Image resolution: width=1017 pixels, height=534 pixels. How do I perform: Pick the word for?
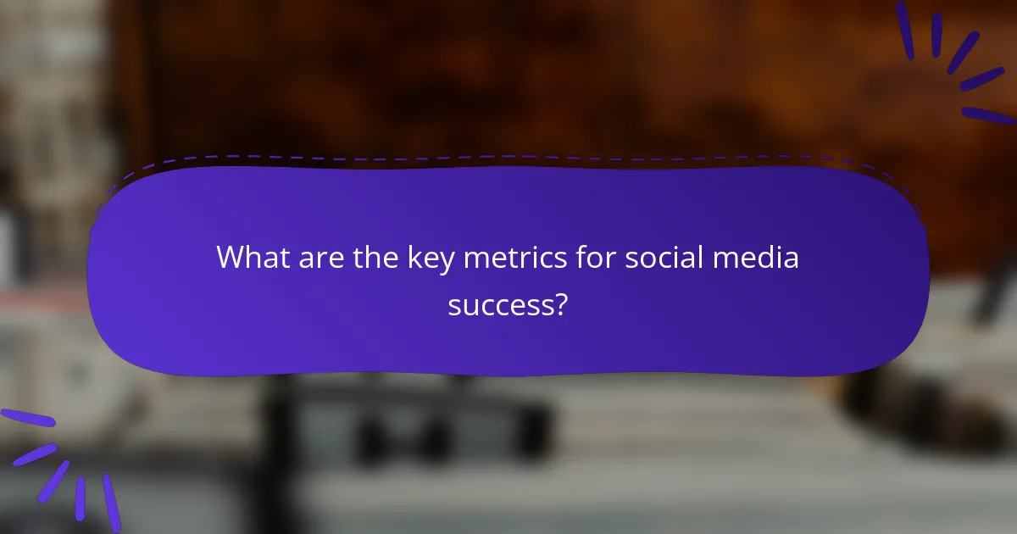[594, 258]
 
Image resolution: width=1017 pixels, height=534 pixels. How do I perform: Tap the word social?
[666, 258]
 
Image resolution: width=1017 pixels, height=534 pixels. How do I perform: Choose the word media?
[758, 258]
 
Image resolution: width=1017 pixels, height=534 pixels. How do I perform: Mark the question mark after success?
[560, 303]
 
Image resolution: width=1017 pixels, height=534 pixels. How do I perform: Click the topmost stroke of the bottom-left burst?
[27, 417]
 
